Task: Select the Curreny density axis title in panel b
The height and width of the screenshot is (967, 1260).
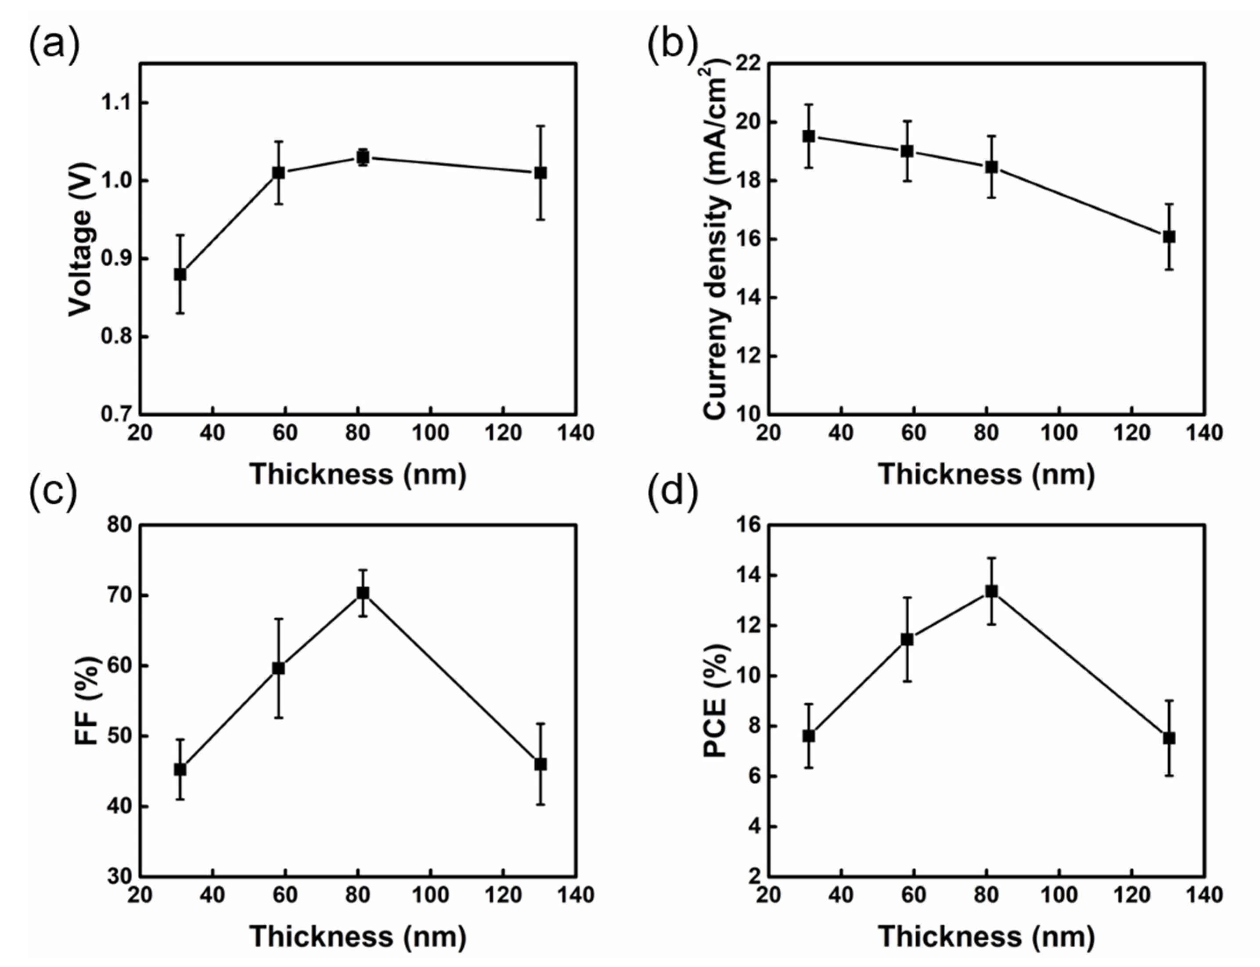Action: [x=717, y=242]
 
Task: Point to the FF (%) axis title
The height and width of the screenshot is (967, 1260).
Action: [x=87, y=701]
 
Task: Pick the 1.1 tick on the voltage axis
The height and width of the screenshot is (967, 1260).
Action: [x=117, y=103]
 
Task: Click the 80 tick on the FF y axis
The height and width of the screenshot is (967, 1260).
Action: [x=119, y=525]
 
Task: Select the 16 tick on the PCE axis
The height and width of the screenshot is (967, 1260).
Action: [x=746, y=525]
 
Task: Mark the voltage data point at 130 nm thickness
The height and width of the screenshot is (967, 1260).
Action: [x=540, y=173]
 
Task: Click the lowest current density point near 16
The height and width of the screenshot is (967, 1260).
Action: [x=1168, y=236]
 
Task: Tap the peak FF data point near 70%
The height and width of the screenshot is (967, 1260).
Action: [x=363, y=593]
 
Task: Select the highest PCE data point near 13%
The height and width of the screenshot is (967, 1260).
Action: [x=991, y=591]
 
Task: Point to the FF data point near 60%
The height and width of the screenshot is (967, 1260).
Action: [x=279, y=668]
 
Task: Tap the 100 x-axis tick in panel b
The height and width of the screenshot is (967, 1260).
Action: [x=1058, y=433]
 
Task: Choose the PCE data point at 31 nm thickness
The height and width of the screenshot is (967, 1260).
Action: [x=809, y=736]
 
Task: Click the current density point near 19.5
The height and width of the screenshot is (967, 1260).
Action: [x=809, y=136]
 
